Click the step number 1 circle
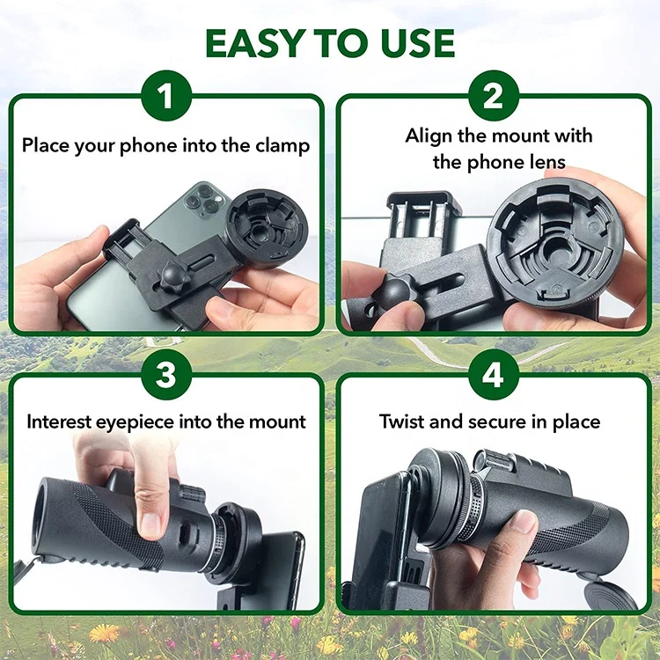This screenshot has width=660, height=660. [166, 96]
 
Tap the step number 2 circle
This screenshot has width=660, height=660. [494, 96]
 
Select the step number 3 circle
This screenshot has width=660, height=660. [166, 376]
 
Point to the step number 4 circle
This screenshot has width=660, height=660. [494, 376]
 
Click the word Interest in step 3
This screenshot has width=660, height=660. [64, 422]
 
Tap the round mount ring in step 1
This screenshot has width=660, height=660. [268, 227]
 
